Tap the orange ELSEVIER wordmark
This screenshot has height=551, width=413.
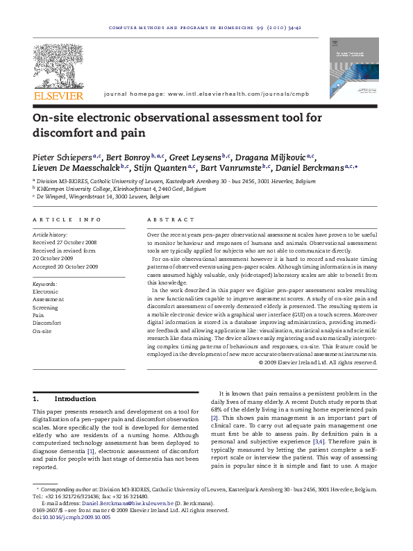coord(58,96)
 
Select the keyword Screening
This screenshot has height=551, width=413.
coord(46,307)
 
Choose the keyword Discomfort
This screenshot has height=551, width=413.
coord(47,323)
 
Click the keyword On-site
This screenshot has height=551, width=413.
coord(42,332)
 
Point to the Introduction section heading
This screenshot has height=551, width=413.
coord(75,399)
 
